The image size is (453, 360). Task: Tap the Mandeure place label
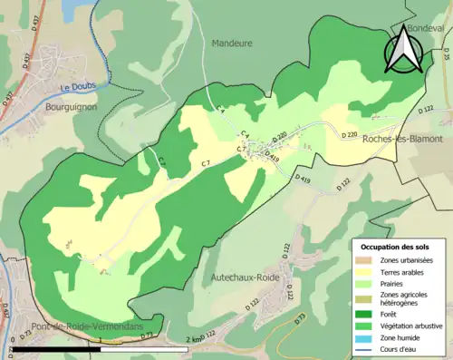pos(233,43)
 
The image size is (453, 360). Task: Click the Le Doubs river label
pos(78,88)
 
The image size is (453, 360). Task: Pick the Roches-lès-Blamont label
pos(401,139)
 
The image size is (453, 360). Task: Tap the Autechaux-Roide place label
pos(244,277)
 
